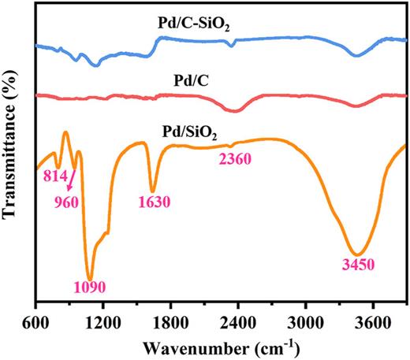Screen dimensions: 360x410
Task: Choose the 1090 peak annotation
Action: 88,286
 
